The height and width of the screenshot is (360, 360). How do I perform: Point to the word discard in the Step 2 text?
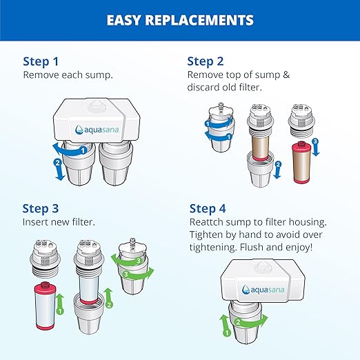[204, 88]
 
